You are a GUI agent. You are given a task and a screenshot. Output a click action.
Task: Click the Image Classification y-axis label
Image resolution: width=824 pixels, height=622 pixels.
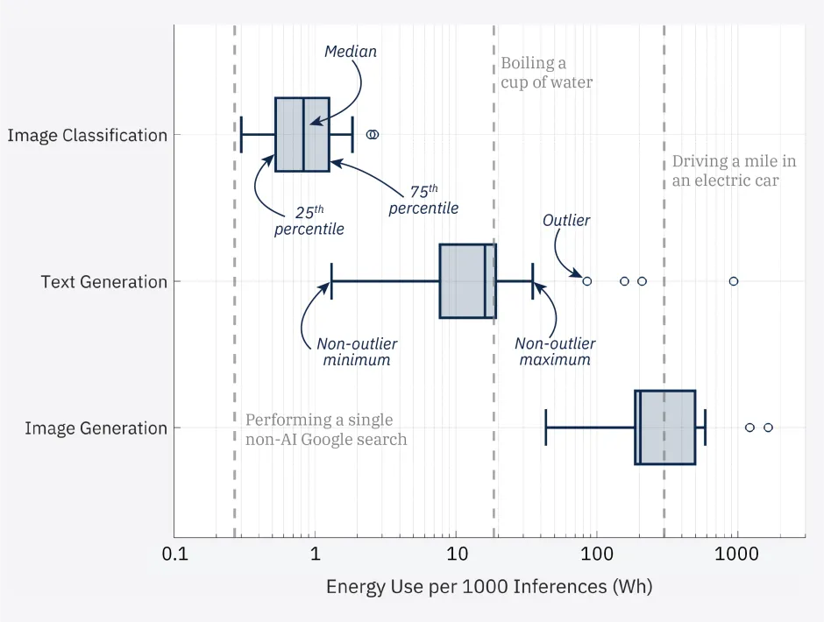[x=87, y=136]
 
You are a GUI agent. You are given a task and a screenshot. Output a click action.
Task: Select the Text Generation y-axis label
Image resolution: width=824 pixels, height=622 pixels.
[x=104, y=282]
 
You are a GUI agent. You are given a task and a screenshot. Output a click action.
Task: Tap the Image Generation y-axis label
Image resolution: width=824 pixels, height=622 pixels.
[x=96, y=428]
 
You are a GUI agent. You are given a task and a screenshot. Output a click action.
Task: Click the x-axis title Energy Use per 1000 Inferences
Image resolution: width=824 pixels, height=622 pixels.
[x=489, y=587]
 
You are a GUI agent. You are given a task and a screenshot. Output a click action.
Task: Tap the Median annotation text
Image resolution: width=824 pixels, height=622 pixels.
[x=351, y=52]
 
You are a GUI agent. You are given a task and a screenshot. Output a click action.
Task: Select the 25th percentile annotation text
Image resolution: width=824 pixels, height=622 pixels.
[x=309, y=221]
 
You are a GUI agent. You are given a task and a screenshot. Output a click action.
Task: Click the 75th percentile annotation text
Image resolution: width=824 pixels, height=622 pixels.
[x=424, y=200]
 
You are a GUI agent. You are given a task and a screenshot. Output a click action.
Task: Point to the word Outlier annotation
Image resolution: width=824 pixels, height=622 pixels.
[x=566, y=221]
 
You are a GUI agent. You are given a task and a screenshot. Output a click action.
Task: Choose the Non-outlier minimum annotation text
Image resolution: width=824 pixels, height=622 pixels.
[x=353, y=352]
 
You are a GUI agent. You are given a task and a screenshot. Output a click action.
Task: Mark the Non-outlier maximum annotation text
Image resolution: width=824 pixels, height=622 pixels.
[x=555, y=352]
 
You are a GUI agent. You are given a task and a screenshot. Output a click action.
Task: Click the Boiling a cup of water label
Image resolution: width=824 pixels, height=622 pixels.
[x=546, y=73]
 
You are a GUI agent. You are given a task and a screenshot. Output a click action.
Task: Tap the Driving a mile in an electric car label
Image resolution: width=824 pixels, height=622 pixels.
[x=734, y=171]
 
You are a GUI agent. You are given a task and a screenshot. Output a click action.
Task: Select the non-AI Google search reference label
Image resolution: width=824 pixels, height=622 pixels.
[x=325, y=429]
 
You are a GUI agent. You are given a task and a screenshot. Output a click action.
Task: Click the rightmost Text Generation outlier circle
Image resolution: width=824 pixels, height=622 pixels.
[x=734, y=281]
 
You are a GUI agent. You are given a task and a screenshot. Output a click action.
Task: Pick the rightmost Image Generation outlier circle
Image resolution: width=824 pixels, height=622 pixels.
[x=768, y=428]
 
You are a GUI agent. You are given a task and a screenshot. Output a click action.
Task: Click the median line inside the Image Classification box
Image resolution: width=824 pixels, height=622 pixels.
[x=303, y=135]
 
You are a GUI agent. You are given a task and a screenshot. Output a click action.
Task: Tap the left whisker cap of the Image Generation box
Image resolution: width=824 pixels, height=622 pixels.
[x=546, y=428]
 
